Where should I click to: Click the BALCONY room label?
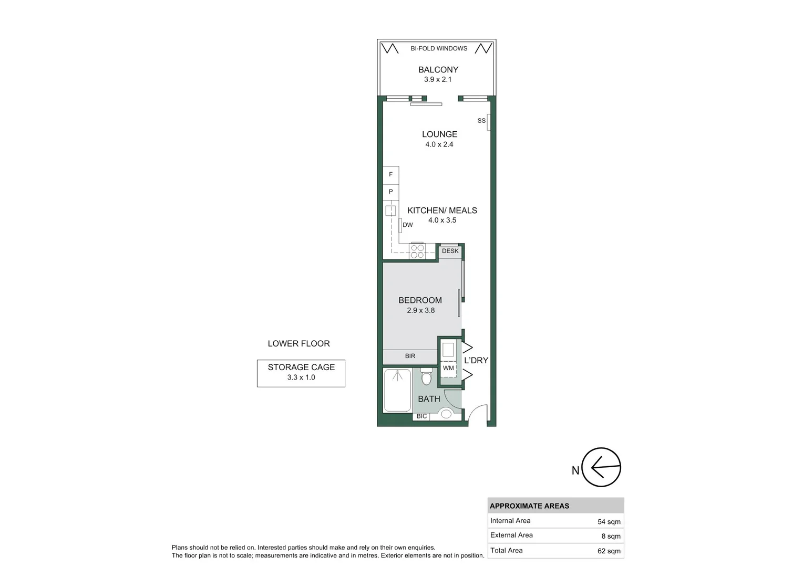click(438, 69)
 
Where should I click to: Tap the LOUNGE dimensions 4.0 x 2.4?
click(439, 144)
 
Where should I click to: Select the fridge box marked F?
click(390, 174)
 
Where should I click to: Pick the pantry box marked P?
click(390, 192)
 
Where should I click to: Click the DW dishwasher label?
click(407, 225)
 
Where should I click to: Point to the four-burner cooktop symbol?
click(417, 251)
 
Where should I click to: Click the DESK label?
click(450, 251)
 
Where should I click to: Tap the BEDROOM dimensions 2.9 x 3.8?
click(420, 310)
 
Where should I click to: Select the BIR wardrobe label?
click(410, 356)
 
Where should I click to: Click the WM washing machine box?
click(448, 369)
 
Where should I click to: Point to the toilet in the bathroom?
click(426, 376)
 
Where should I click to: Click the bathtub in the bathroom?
click(397, 390)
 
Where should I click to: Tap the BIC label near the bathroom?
click(421, 416)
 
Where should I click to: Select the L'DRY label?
click(476, 360)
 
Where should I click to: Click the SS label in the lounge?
click(481, 121)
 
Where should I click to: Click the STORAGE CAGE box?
click(301, 373)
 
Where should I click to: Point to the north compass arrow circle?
click(602, 467)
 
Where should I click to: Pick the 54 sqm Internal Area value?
click(609, 522)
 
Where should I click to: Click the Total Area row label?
click(506, 550)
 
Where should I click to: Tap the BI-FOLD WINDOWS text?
click(439, 48)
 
